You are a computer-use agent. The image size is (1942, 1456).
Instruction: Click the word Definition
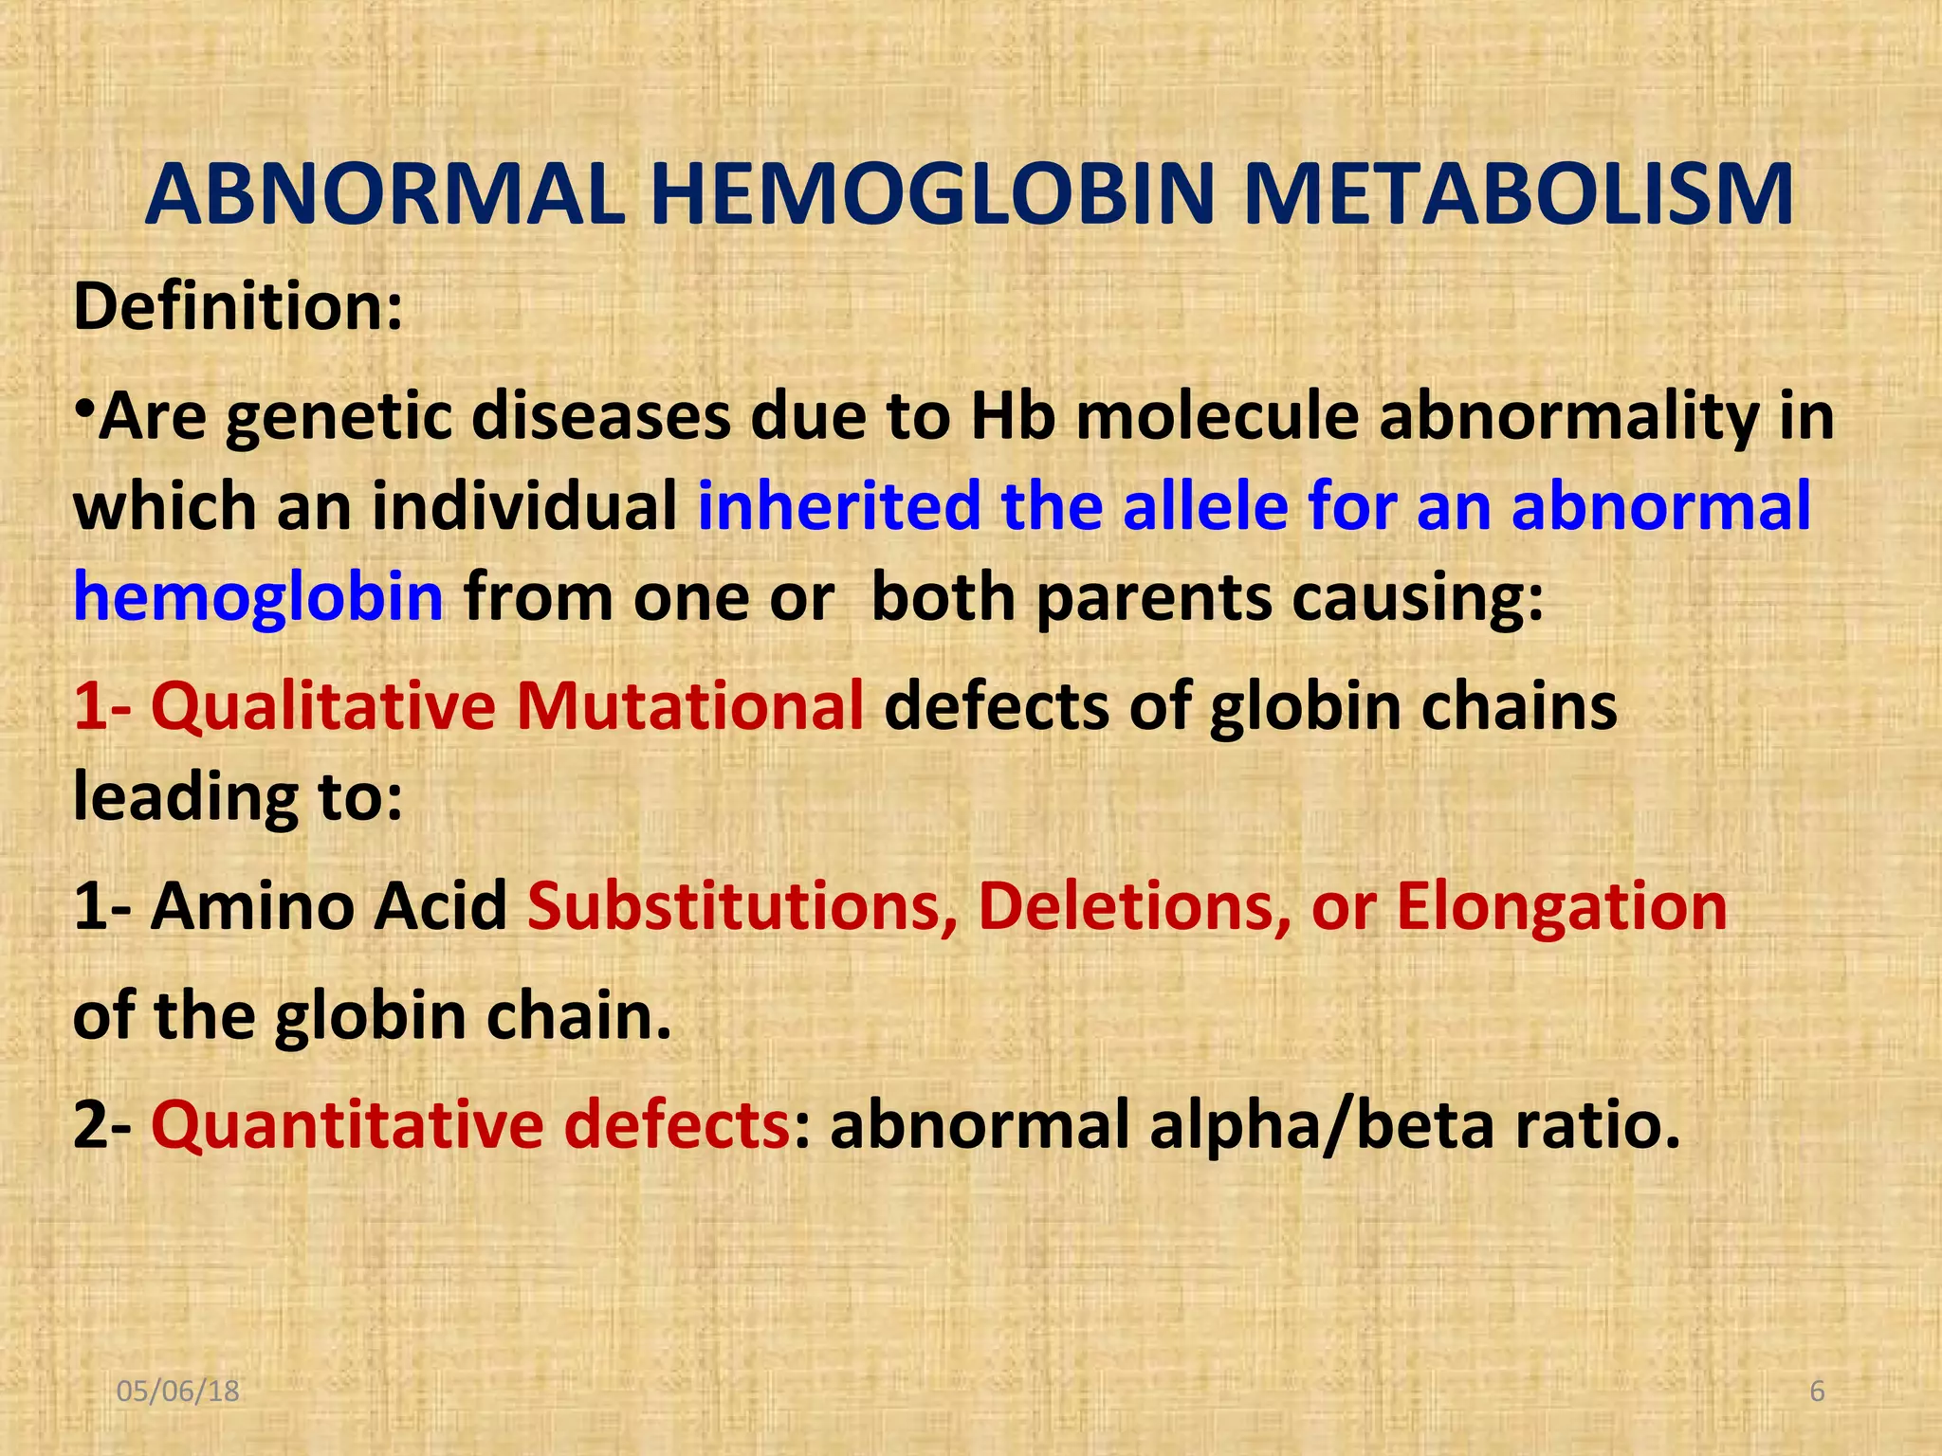237,307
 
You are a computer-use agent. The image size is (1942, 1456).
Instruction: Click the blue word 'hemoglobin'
258,597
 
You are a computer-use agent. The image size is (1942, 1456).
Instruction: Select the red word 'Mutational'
689,707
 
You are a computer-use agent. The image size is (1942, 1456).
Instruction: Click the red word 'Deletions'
1134,906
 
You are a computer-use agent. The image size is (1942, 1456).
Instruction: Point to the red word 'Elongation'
1561,908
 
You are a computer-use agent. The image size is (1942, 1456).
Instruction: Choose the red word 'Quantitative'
347,1125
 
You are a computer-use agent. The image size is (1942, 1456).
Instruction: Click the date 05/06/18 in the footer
177,1392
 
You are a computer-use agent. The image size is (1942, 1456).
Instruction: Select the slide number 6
1817,1392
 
